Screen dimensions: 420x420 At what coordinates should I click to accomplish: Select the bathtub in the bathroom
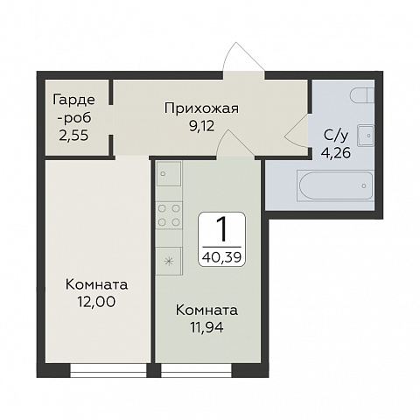pyautogui.click(x=336, y=186)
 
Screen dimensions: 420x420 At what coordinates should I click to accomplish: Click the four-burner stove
pyautogui.click(x=169, y=214)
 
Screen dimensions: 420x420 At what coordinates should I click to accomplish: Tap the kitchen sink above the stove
pyautogui.click(x=168, y=175)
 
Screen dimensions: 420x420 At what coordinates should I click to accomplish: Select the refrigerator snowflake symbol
pyautogui.click(x=169, y=260)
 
